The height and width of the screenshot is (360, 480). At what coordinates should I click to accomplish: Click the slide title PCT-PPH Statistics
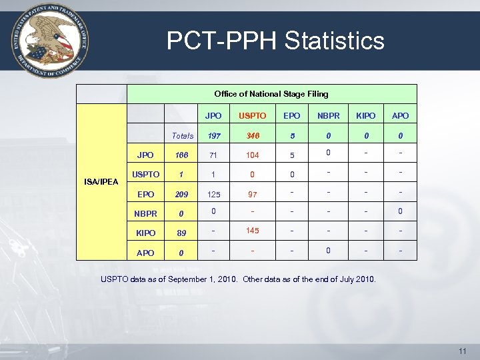pos(275,41)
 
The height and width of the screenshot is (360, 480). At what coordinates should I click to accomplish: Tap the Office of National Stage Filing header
pos(271,94)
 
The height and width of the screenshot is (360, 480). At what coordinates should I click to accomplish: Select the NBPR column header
pos(328,116)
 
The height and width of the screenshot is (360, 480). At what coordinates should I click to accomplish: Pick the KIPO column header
pos(365,116)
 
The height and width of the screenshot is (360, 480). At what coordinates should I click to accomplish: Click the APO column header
pos(401,116)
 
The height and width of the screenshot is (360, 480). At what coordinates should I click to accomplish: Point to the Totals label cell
pos(183,136)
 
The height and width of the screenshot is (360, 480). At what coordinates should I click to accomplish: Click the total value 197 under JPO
pos(214,136)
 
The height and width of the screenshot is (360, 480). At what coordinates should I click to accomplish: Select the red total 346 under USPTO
pos(253,136)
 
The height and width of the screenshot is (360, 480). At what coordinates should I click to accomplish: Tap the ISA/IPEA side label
pos(101,181)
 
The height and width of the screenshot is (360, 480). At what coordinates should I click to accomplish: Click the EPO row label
pos(145,195)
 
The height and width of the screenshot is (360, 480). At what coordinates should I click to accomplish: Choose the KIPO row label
pos(145,233)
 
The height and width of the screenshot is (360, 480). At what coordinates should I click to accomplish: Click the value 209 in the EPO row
pos(182,195)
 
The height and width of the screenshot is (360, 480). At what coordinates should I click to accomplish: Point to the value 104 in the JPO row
pos(253,155)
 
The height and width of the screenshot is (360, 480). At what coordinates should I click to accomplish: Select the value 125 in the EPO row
pos(214,195)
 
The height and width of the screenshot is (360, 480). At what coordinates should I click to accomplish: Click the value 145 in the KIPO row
pos(253,231)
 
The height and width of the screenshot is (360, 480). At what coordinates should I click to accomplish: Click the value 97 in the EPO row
pos(253,195)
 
